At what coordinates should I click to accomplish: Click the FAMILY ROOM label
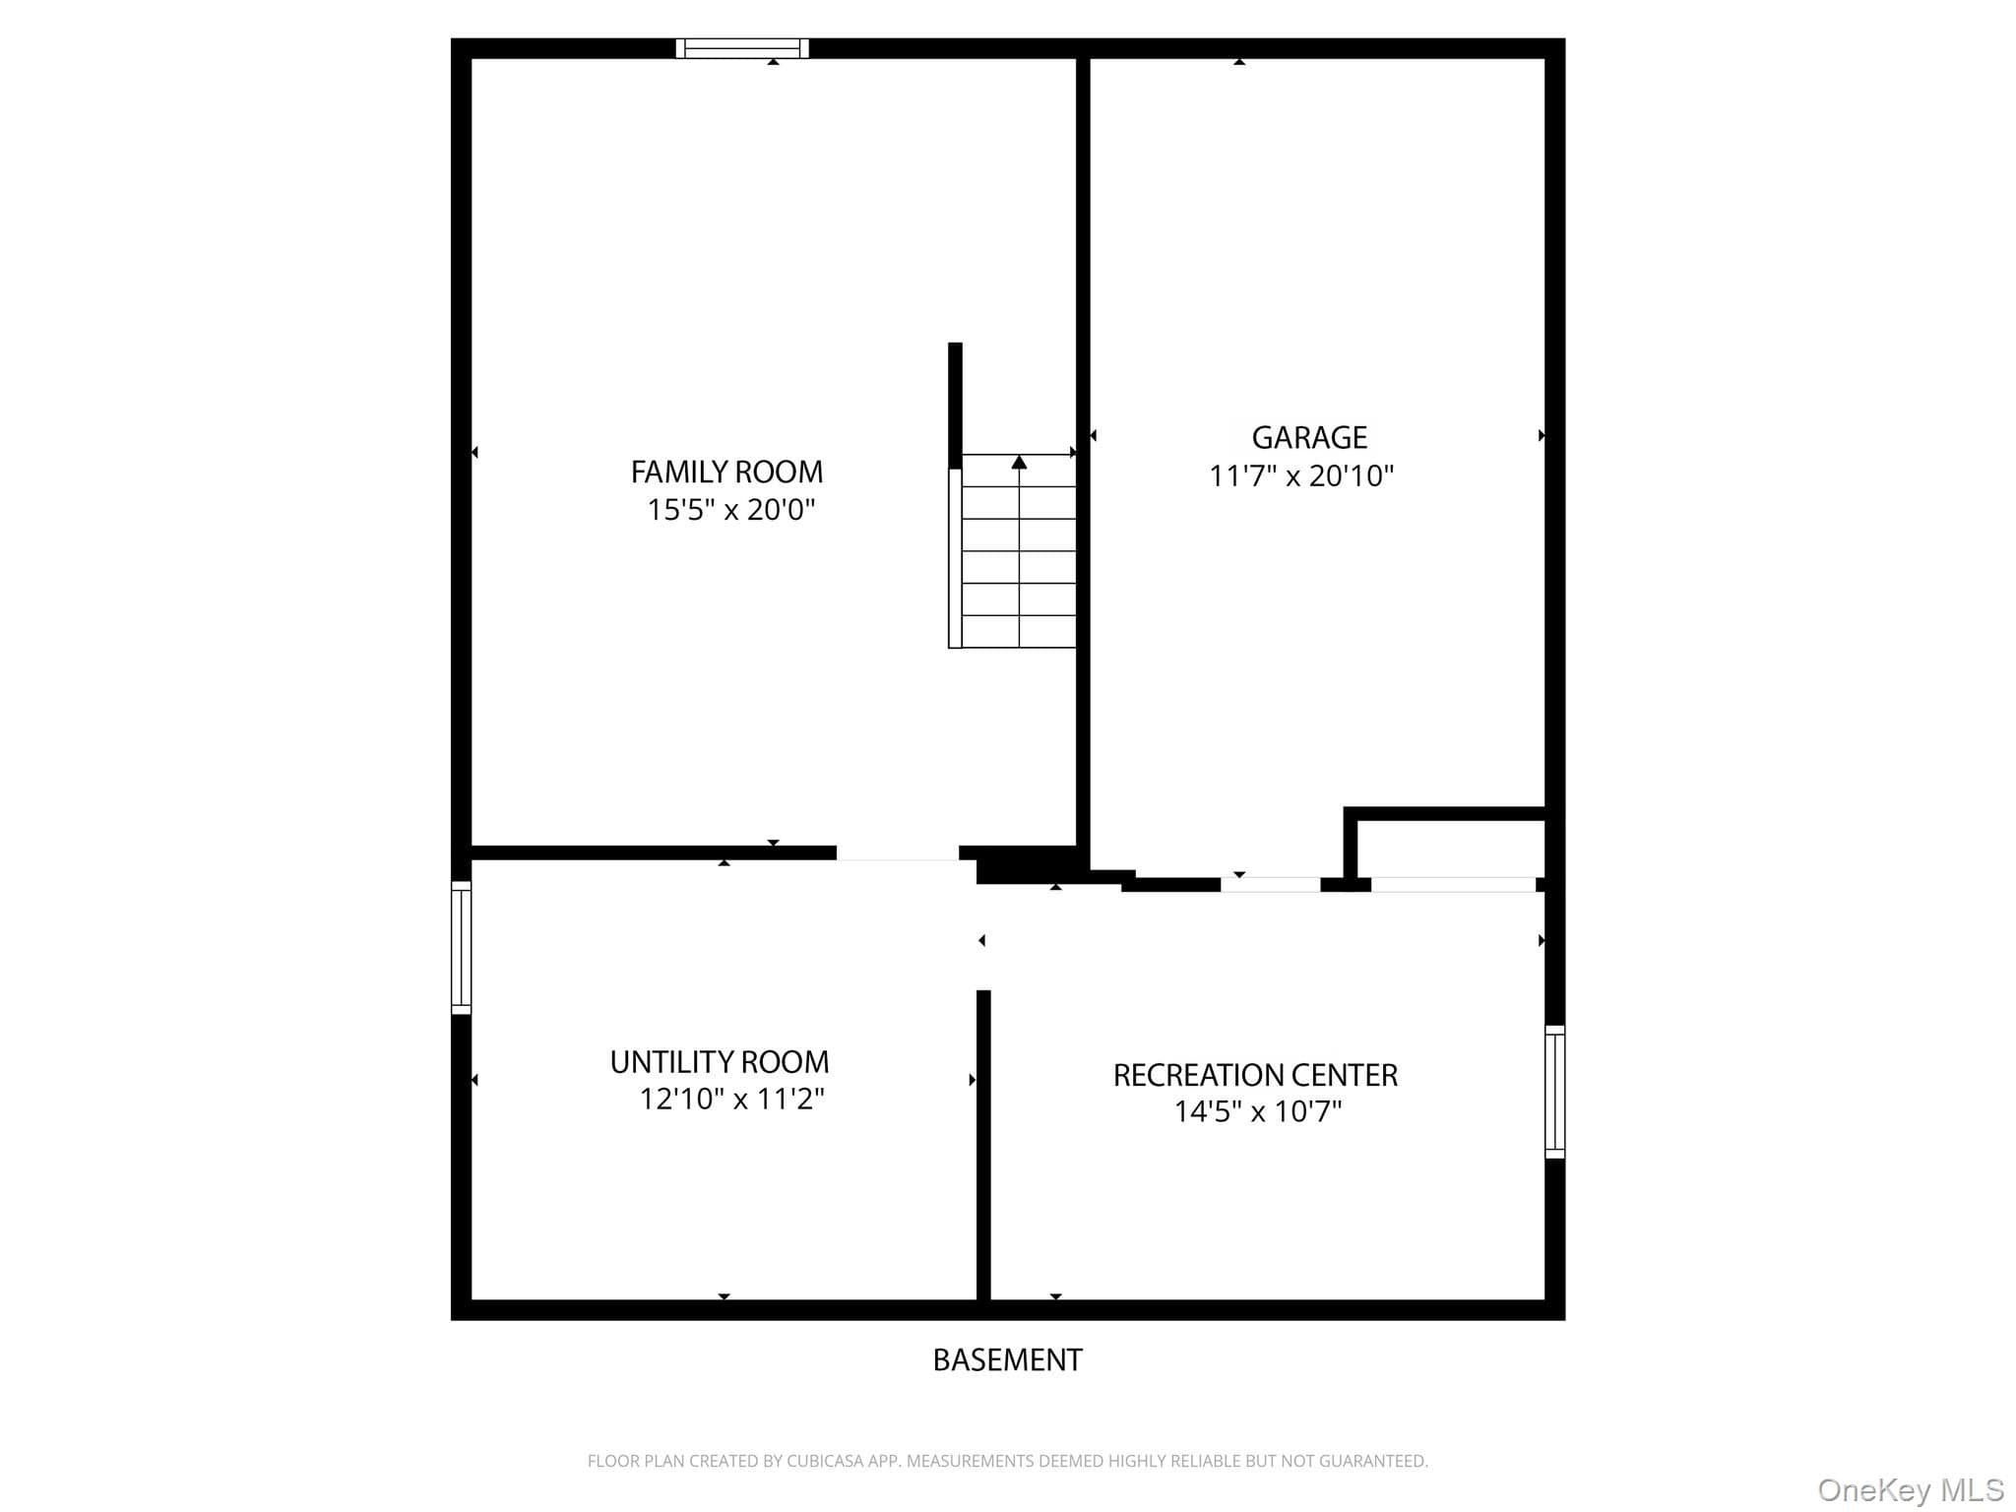pyautogui.click(x=726, y=472)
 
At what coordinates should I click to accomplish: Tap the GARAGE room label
pyautogui.click(x=1309, y=437)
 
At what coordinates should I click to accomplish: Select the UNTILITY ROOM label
pyautogui.click(x=720, y=1062)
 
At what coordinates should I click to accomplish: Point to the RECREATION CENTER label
pyautogui.click(x=1255, y=1075)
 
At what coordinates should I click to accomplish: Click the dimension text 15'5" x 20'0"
pyautogui.click(x=731, y=510)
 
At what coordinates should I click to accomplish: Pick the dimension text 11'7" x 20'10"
pyautogui.click(x=1301, y=476)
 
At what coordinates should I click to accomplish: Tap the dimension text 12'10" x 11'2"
pyautogui.click(x=732, y=1099)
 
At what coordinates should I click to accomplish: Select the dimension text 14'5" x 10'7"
pyautogui.click(x=1258, y=1111)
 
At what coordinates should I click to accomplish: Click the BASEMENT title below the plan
pyautogui.click(x=1007, y=1359)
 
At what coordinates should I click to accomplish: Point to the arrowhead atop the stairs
pyautogui.click(x=1019, y=462)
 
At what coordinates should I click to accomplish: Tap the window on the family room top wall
pyautogui.click(x=742, y=48)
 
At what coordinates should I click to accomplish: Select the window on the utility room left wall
pyautogui.click(x=461, y=947)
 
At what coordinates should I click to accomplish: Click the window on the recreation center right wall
pyautogui.click(x=1554, y=1092)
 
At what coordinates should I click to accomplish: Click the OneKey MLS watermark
pyautogui.click(x=1910, y=1490)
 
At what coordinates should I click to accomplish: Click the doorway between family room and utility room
pyautogui.click(x=898, y=853)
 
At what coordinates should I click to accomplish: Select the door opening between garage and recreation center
pyautogui.click(x=1271, y=884)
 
